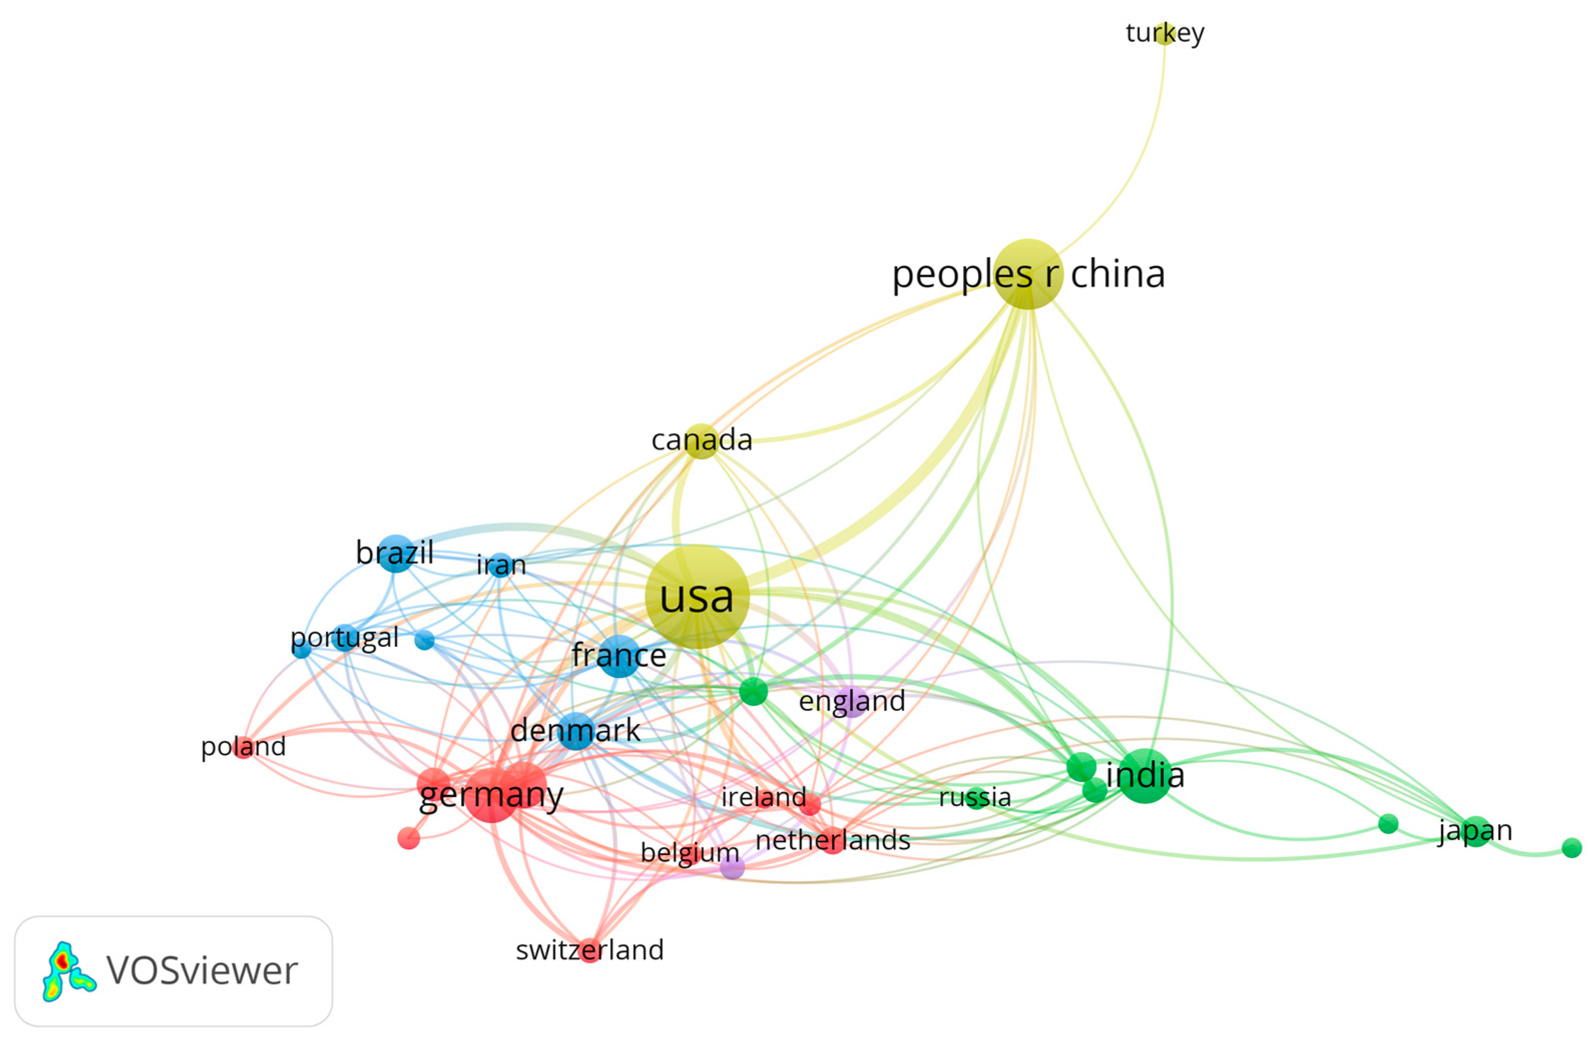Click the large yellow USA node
coord(696,596)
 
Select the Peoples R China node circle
coord(1028,273)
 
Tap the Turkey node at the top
coord(1165,32)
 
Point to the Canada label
coord(702,440)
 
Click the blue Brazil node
coord(396,553)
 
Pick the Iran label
coord(501,565)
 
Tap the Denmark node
coord(576,730)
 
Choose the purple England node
coord(852,702)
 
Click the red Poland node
coord(244,746)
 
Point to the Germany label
coord(491,795)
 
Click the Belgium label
coord(690,853)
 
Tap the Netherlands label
coord(833,840)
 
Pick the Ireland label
coord(763,797)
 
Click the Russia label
coord(974,797)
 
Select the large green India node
coord(1145,775)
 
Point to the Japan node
coord(1475,831)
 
